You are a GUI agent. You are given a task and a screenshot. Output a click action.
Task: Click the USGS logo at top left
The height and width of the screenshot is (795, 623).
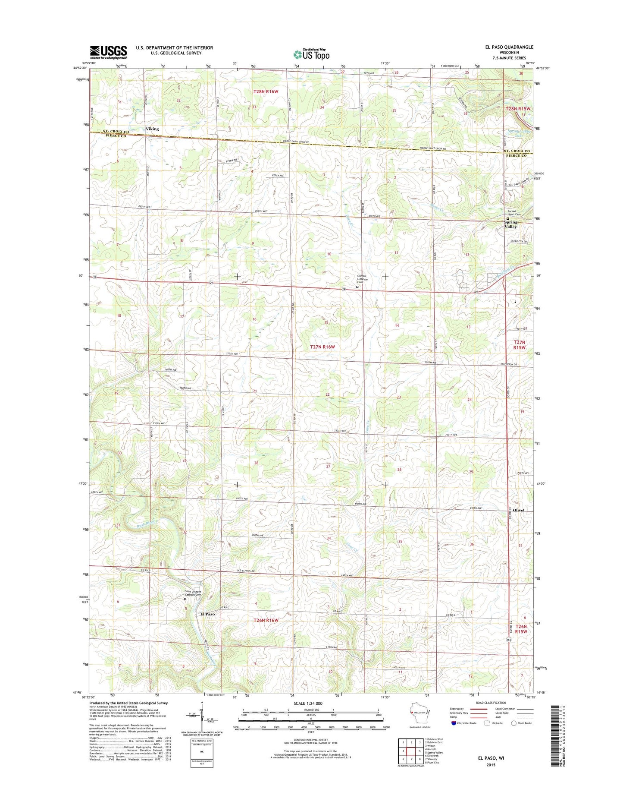(108, 52)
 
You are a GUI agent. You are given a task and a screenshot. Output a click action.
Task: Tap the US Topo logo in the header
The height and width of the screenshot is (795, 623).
(311, 54)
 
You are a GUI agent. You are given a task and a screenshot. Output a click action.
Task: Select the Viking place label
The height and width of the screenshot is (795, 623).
(152, 129)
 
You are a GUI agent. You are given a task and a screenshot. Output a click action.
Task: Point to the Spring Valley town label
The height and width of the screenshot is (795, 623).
(510, 224)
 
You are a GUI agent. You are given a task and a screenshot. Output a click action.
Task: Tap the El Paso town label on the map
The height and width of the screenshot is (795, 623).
(207, 614)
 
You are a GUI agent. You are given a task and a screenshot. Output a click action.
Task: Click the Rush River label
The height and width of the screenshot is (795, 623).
(145, 525)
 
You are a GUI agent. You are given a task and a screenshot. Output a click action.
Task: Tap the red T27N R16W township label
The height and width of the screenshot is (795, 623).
(322, 347)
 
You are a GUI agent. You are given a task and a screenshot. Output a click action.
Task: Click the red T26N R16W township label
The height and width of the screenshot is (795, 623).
(266, 620)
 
